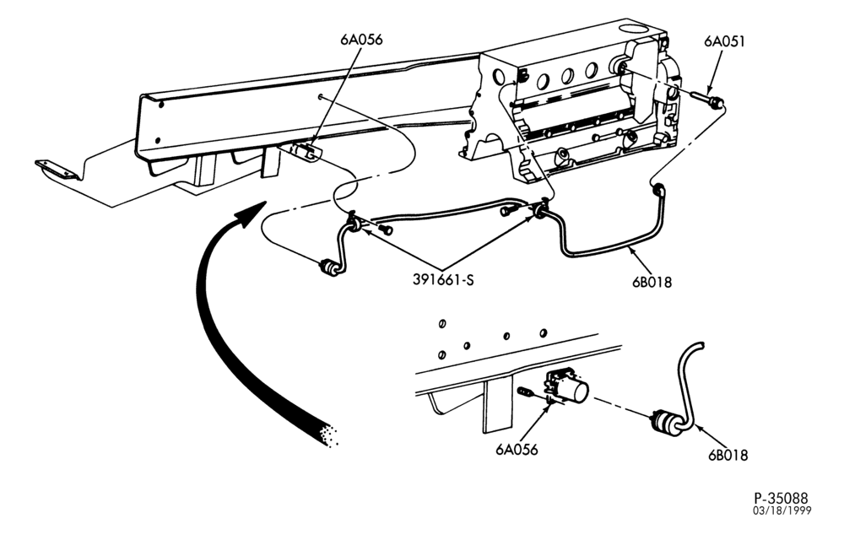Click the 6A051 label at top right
pyautogui.click(x=724, y=41)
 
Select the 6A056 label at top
pyautogui.click(x=361, y=40)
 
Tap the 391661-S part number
pyautogui.click(x=444, y=279)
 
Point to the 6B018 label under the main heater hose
pyautogui.click(x=652, y=281)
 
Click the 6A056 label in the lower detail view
pyautogui.click(x=517, y=449)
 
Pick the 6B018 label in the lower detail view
pyautogui.click(x=728, y=455)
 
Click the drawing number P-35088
pyautogui.click(x=781, y=498)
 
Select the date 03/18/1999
pyautogui.click(x=782, y=510)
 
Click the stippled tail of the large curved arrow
pyautogui.click(x=325, y=435)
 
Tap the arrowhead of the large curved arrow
pyautogui.click(x=251, y=213)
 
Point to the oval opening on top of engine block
pyautogui.click(x=631, y=28)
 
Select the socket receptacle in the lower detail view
pyautogui.click(x=567, y=386)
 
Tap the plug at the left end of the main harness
pyautogui.click(x=329, y=267)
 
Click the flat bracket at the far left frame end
pyautogui.click(x=56, y=169)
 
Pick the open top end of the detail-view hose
pyautogui.click(x=701, y=345)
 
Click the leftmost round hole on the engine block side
pyautogui.click(x=543, y=81)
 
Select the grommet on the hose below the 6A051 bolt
pyautogui.click(x=658, y=191)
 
